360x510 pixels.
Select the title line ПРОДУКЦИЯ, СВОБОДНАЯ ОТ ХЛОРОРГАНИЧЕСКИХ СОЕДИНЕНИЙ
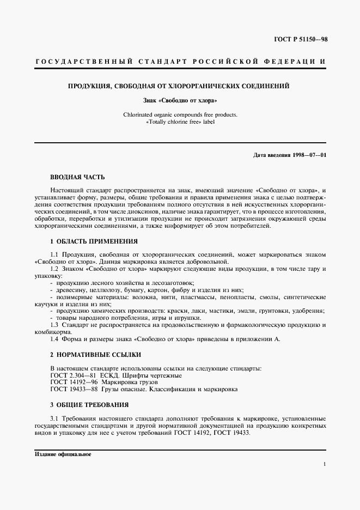(178, 86)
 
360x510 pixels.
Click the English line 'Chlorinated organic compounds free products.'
(180, 115)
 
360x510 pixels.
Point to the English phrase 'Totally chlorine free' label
(180, 122)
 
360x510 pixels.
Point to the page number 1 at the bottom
(325, 464)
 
